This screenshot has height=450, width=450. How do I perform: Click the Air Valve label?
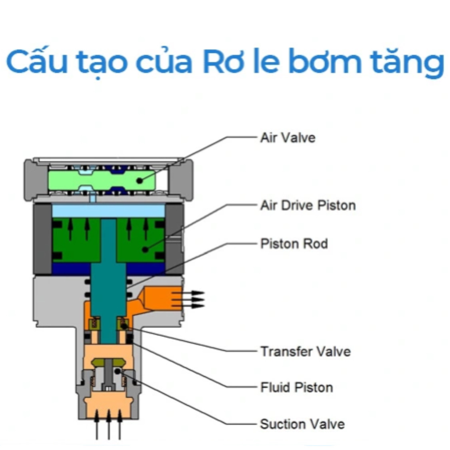[288, 138]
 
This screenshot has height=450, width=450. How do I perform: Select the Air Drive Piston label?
[308, 205]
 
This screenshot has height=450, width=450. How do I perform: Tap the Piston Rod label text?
[294, 244]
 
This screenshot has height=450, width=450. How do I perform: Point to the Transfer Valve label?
[305, 351]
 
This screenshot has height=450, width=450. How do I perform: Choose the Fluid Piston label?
[296, 388]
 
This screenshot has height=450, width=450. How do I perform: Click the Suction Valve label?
[302, 424]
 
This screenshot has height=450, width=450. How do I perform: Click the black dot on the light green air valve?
[140, 181]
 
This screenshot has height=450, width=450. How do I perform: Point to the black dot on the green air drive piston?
[145, 249]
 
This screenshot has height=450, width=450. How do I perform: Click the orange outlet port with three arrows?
[162, 298]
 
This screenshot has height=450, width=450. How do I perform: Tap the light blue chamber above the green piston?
[109, 211]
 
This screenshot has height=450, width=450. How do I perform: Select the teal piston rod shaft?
[108, 281]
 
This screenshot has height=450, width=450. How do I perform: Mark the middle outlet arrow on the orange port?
[188, 299]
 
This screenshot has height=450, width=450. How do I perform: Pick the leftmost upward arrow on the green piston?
[70, 229]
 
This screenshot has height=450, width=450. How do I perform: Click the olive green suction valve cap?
[108, 362]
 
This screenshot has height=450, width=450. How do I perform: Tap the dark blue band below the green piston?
[109, 269]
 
